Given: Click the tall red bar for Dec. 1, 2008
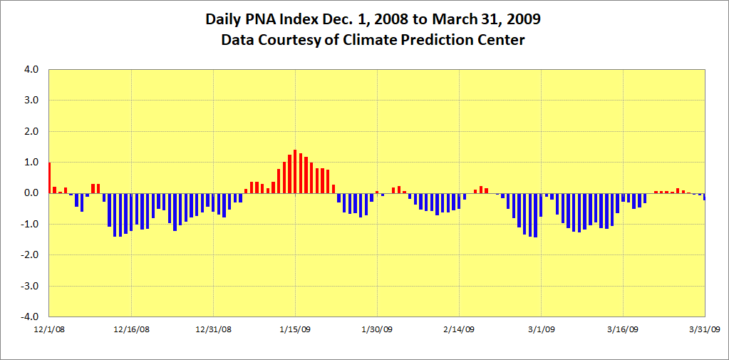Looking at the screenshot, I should click(49, 178).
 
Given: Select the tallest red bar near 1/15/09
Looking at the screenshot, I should click(295, 172).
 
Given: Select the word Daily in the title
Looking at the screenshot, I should click(224, 19).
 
